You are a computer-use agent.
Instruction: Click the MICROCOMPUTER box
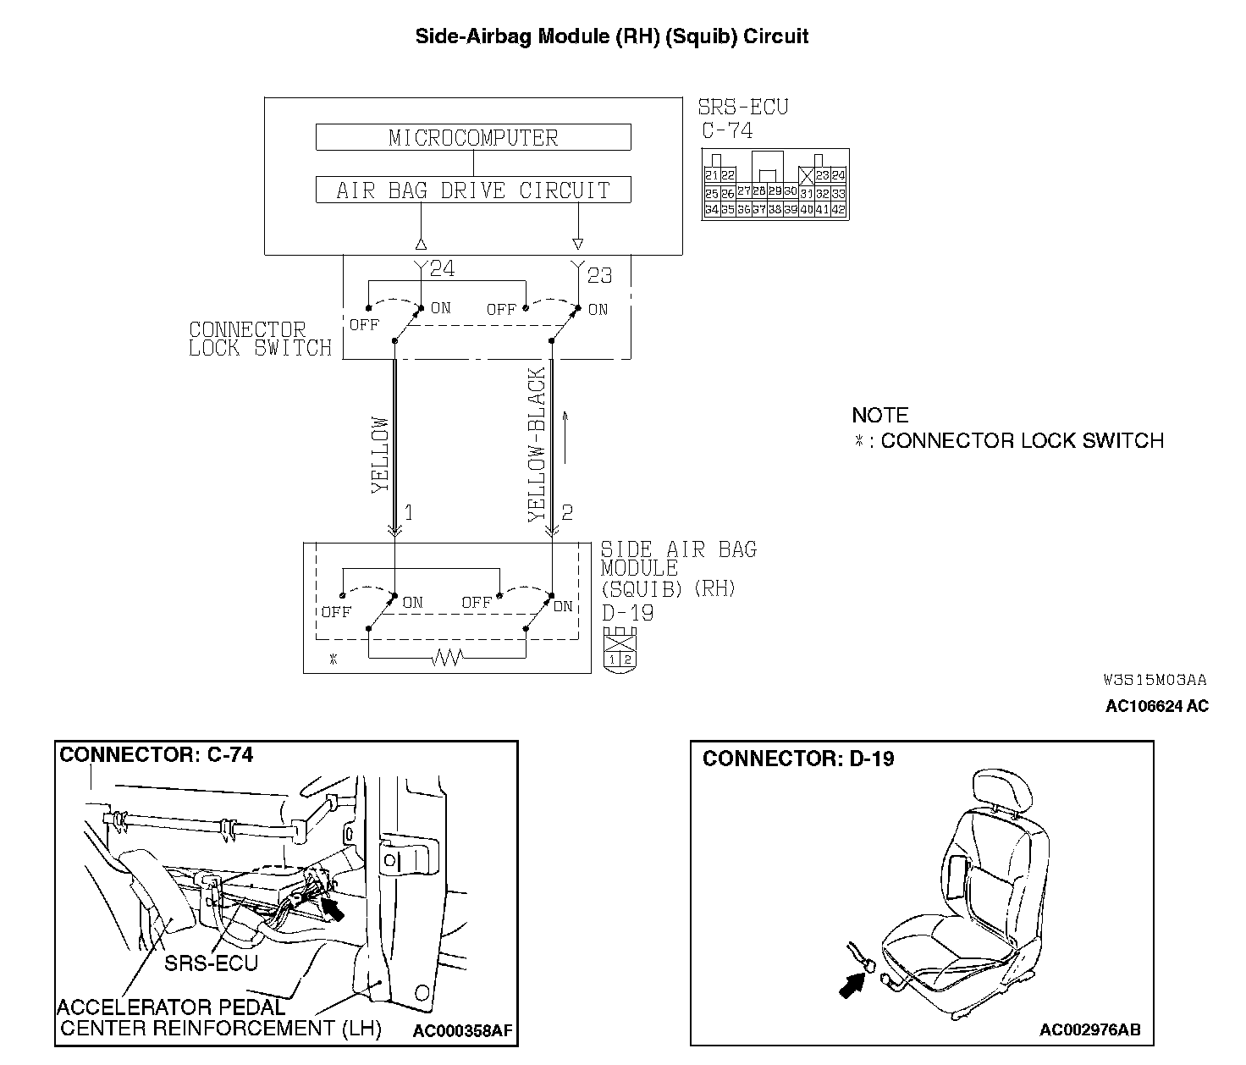(x=473, y=138)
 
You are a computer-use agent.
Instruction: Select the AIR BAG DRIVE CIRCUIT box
(x=473, y=190)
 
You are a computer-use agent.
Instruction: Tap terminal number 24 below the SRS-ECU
(x=442, y=269)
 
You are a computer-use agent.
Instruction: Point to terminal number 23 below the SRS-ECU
(x=598, y=275)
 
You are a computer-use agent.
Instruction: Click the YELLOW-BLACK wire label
(x=537, y=444)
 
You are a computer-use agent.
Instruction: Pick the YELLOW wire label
(x=379, y=455)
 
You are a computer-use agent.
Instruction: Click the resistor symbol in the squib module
(x=446, y=657)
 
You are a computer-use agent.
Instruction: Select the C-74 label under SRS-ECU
(x=727, y=131)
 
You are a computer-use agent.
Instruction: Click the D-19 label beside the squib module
(x=627, y=612)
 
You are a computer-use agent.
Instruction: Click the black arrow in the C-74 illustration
(x=334, y=911)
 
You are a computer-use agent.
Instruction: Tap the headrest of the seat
(x=1003, y=791)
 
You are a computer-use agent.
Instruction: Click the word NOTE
(x=880, y=416)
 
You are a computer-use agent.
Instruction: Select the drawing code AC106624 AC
(x=1156, y=706)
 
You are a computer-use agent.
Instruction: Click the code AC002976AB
(x=1089, y=1029)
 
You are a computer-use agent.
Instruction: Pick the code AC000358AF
(x=463, y=1030)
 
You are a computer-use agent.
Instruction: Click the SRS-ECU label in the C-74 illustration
(x=211, y=963)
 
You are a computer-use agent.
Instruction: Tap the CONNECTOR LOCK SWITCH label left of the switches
(x=260, y=339)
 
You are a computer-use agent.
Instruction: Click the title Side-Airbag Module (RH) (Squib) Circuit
(x=611, y=36)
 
